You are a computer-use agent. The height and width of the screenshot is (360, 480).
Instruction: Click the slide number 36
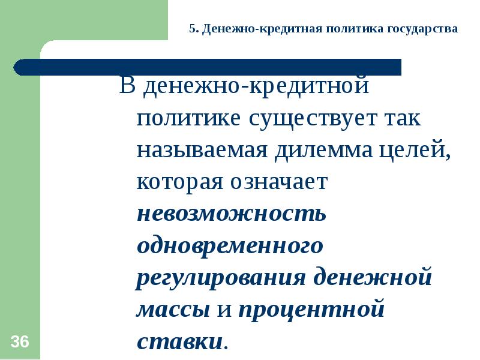pos(19,343)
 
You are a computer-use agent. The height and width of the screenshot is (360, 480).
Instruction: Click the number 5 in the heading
pos(192,28)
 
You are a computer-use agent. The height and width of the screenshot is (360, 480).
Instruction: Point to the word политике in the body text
pos(187,118)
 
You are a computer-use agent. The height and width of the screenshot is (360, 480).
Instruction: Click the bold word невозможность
pos(232,214)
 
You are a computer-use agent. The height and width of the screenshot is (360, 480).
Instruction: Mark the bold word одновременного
pos(230,246)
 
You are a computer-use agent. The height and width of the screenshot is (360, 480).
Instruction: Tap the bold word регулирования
pos(222,278)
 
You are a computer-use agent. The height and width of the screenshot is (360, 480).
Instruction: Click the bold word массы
pos(173,310)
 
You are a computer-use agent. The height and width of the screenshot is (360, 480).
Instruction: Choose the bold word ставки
pos(179,342)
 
